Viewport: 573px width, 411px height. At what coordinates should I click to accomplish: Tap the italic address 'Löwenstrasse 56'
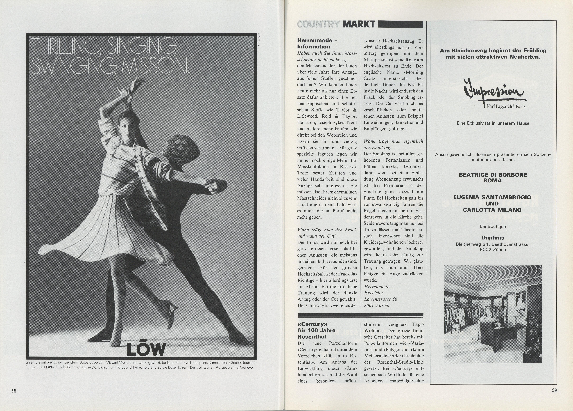coord(380,299)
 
